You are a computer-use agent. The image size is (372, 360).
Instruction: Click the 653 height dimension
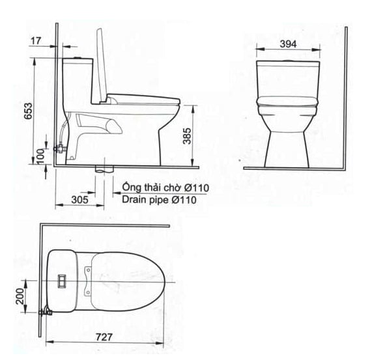28,111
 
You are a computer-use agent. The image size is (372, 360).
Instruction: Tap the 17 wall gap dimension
36,41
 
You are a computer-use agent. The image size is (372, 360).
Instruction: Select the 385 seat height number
187,136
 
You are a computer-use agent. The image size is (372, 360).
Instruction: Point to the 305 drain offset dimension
79,200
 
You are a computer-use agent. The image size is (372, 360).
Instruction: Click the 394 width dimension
288,44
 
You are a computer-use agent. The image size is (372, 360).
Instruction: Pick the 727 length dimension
104,337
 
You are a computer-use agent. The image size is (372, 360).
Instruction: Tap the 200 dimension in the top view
20,296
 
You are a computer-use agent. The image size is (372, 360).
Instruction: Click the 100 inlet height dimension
40,156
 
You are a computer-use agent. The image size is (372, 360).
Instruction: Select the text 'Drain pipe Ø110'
159,200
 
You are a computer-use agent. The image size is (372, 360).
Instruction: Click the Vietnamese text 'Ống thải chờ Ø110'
165,187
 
